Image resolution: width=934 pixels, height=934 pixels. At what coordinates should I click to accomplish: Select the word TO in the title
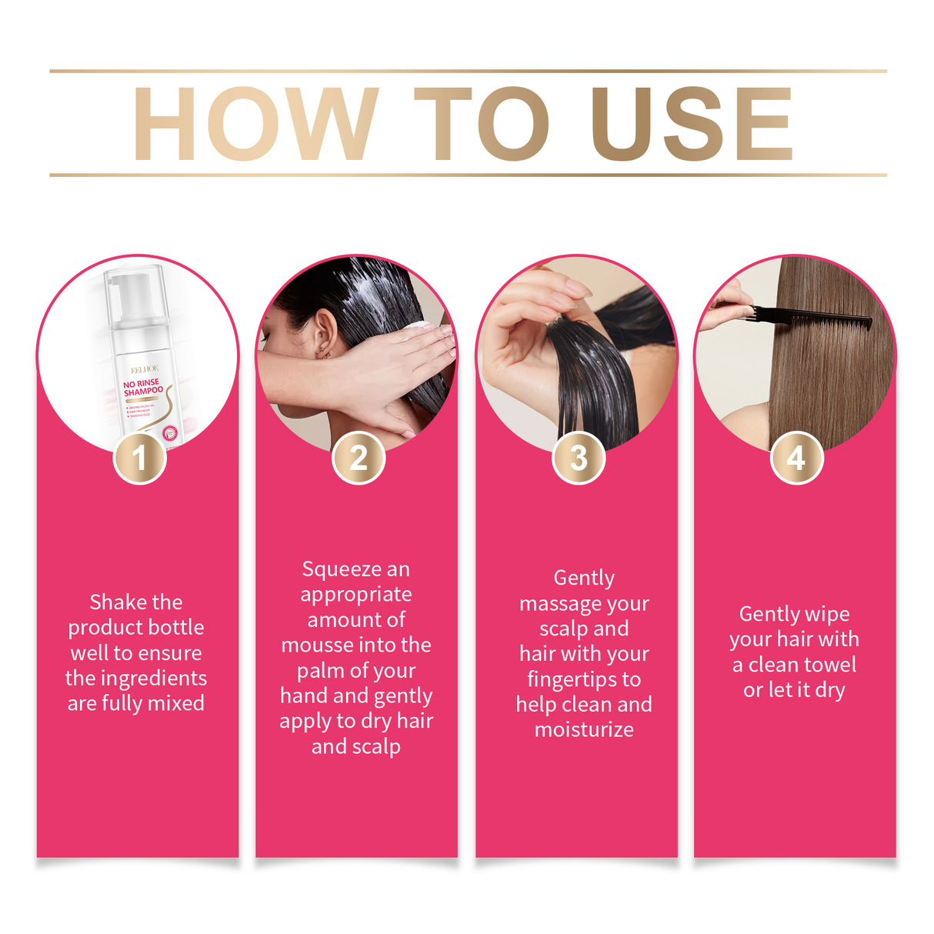pos(482,124)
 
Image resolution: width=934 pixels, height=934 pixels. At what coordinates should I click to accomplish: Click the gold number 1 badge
pos(139,459)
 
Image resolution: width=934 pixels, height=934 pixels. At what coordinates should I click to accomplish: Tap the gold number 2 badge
pos(359,459)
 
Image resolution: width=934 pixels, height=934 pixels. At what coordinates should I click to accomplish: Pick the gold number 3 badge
pos(579,459)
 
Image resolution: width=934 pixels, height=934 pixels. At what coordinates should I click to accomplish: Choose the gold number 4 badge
pos(796,459)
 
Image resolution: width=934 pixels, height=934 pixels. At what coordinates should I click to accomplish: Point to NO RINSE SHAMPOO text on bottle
pos(142,387)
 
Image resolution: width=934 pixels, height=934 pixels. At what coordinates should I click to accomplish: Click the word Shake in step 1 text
pos(114,602)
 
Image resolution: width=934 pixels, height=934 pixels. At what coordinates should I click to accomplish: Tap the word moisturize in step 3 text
pos(584,730)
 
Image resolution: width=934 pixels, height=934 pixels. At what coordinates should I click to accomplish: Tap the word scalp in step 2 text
pos(375,746)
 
